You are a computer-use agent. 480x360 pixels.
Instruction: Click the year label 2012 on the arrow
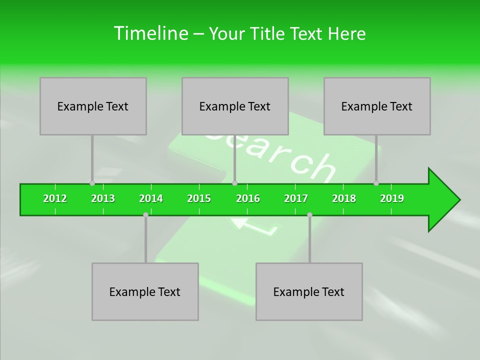click(55, 198)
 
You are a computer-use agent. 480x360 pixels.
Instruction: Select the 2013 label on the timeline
click(103, 198)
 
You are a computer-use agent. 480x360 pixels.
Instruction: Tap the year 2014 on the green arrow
click(151, 198)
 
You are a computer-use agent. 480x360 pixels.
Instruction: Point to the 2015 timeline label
click(199, 198)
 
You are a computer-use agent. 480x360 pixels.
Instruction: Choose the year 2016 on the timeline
click(248, 198)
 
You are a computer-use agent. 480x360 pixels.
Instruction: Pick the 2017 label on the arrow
click(296, 198)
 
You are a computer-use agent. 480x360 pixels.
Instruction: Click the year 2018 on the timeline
click(344, 198)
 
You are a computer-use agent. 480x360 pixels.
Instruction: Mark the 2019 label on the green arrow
click(392, 198)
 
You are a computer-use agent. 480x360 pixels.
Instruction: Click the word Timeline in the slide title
click(150, 33)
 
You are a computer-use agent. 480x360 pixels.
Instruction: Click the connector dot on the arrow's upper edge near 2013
click(92, 183)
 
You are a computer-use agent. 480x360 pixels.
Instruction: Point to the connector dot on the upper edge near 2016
click(234, 183)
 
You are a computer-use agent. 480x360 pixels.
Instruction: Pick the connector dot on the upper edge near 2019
click(376, 183)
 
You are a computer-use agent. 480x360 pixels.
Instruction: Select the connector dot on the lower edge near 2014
click(145, 215)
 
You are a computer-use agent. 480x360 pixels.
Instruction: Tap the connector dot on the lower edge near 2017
click(309, 215)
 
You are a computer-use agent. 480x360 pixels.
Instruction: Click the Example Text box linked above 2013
click(93, 106)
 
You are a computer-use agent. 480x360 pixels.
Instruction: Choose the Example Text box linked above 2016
click(235, 106)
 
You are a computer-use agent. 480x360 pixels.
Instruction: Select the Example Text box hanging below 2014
click(145, 291)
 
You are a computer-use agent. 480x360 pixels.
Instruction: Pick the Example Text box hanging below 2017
click(309, 291)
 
